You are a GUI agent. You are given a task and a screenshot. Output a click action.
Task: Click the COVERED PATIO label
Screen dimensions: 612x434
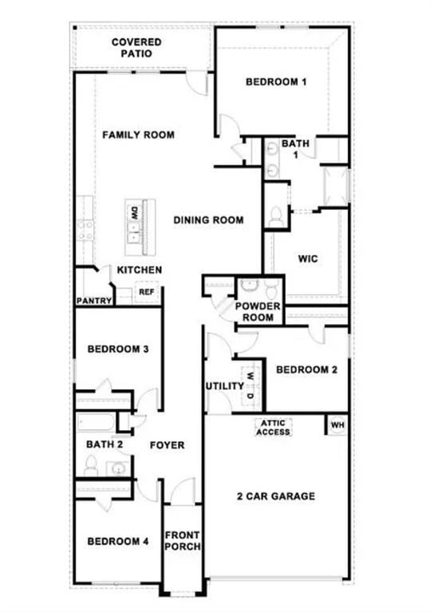tap(136, 48)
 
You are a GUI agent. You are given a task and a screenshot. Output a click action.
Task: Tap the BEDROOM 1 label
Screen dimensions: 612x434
tap(276, 82)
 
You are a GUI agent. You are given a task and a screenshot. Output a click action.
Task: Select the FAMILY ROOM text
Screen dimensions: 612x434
tap(138, 135)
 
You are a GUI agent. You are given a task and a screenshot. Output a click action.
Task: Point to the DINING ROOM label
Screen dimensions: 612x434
tap(208, 220)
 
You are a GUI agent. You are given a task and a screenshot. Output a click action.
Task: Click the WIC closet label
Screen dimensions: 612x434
tap(308, 259)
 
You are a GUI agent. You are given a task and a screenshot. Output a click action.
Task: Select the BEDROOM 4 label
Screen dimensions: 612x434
tap(118, 541)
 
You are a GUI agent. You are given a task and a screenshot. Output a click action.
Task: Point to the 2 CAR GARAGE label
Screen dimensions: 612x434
tap(276, 496)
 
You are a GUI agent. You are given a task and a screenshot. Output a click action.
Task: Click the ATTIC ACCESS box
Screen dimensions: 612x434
tap(273, 428)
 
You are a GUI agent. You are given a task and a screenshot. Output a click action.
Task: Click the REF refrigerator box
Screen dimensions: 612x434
tap(146, 293)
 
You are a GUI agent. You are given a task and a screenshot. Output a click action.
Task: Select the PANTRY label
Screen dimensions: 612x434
tap(93, 301)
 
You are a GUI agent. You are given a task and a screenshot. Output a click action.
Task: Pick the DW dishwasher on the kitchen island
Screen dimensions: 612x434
tap(135, 213)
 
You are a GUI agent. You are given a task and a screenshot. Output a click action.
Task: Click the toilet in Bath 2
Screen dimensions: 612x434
tap(90, 465)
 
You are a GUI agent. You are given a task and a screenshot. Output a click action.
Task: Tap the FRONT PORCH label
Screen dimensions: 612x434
tap(182, 541)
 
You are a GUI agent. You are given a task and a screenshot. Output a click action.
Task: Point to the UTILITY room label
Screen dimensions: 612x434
tap(224, 386)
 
